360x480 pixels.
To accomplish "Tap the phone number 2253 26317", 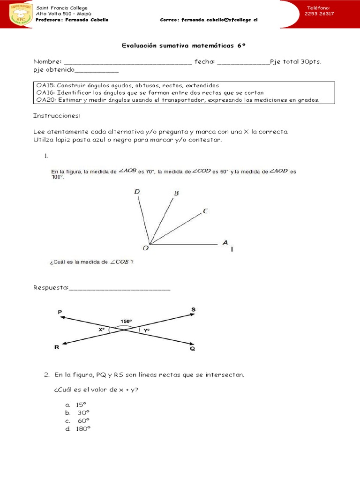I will click(319, 14).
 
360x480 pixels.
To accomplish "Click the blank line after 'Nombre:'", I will click(127, 62).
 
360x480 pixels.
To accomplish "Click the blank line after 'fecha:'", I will click(244, 62).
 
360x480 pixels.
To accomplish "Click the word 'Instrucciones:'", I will click(57, 116).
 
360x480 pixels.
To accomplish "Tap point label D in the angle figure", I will click(137, 191).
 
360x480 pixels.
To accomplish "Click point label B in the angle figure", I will click(177, 193).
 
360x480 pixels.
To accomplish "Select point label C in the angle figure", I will click(205, 211).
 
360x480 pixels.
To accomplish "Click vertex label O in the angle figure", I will click(145, 249).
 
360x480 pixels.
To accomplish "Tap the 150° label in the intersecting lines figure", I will click(126, 321).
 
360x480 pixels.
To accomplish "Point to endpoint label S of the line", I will click(194, 309).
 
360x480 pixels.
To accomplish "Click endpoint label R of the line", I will click(57, 348).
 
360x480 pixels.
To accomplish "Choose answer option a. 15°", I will click(77, 405).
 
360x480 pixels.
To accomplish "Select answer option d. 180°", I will click(78, 428).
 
